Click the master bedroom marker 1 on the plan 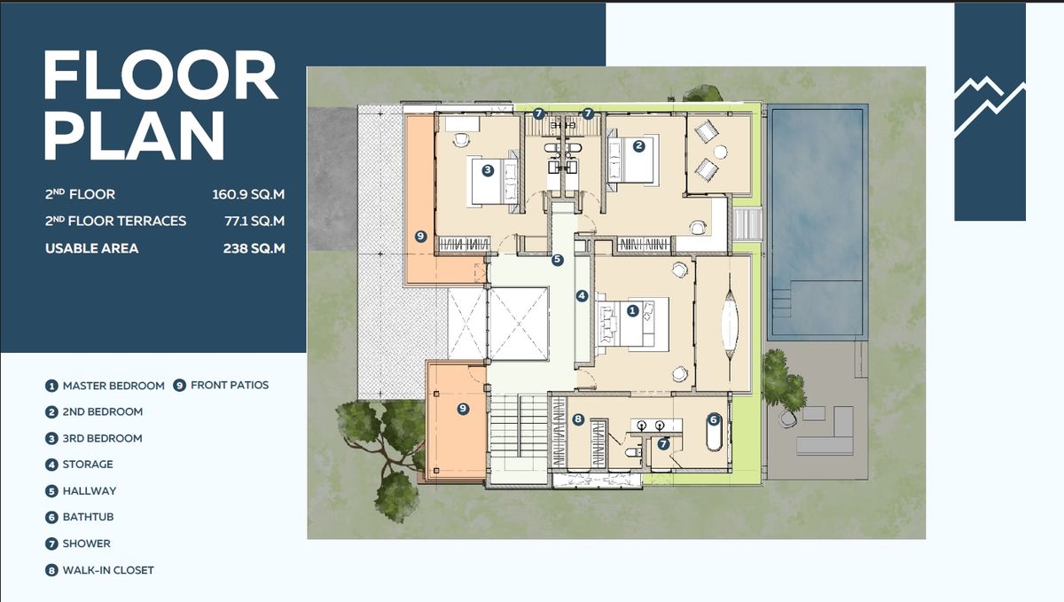[x=632, y=310]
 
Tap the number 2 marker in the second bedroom [x=639, y=146]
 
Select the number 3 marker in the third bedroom [x=488, y=170]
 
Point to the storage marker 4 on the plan [x=582, y=296]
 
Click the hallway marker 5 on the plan [x=557, y=260]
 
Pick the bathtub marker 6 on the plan [x=714, y=419]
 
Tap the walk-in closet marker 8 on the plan [x=577, y=419]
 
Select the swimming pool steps [x=781, y=303]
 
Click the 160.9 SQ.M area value [x=248, y=194]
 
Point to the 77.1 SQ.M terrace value [x=254, y=221]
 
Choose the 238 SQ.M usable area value [x=254, y=248]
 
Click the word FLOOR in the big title [x=160, y=75]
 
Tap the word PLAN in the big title [x=134, y=136]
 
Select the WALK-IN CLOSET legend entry [x=108, y=570]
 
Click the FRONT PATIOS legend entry [x=230, y=386]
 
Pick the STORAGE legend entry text [x=88, y=465]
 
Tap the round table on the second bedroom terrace [x=721, y=152]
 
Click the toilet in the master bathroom [x=633, y=451]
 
